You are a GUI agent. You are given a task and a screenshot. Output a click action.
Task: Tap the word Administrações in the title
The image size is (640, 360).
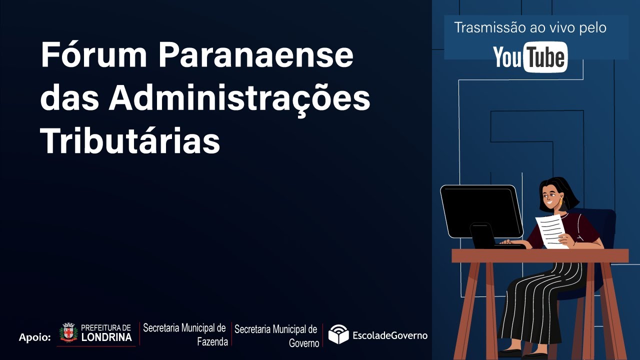point(239,98)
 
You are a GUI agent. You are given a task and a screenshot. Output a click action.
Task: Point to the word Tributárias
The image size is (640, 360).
point(130,141)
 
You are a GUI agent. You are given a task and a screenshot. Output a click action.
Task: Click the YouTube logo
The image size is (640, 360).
point(530,57)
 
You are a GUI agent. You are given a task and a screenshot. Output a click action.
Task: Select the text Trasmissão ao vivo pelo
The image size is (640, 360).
point(530,28)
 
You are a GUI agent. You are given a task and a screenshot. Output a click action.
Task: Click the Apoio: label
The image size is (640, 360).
point(35,337)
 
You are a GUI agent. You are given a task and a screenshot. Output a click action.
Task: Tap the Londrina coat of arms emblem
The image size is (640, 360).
point(68,332)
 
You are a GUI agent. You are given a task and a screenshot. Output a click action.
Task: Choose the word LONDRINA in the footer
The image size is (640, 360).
point(106,337)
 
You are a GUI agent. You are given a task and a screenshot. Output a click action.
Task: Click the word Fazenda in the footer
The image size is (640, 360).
point(212,342)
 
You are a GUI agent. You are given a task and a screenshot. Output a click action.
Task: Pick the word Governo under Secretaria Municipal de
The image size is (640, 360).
point(303,343)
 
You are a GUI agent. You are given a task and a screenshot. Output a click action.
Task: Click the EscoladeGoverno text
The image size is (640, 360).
point(390,335)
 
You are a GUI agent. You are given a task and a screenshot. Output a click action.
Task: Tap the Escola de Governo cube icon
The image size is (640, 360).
point(338,334)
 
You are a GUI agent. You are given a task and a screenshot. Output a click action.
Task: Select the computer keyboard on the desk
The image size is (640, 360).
point(510,245)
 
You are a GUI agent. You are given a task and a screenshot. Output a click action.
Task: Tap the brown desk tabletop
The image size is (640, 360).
point(540,256)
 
